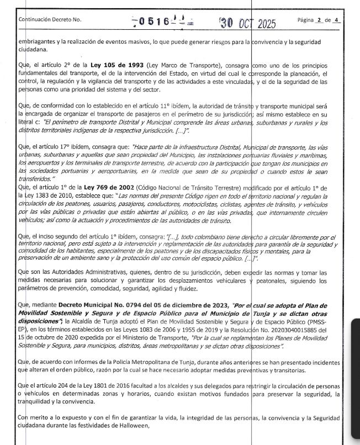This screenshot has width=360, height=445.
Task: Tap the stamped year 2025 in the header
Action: [x=264, y=24]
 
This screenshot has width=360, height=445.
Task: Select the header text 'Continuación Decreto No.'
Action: [x=50, y=20]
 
